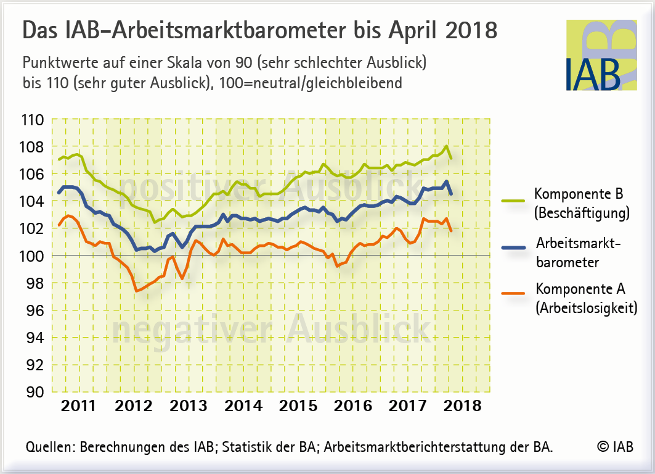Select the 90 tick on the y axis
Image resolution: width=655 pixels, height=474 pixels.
(x=33, y=391)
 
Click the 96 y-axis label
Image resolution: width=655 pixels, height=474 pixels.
(x=33, y=310)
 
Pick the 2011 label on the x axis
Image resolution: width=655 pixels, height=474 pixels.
(x=79, y=406)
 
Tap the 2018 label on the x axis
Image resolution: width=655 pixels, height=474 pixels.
(x=463, y=406)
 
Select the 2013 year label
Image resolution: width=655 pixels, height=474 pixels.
(x=189, y=406)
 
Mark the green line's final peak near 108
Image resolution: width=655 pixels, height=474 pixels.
(x=446, y=146)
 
